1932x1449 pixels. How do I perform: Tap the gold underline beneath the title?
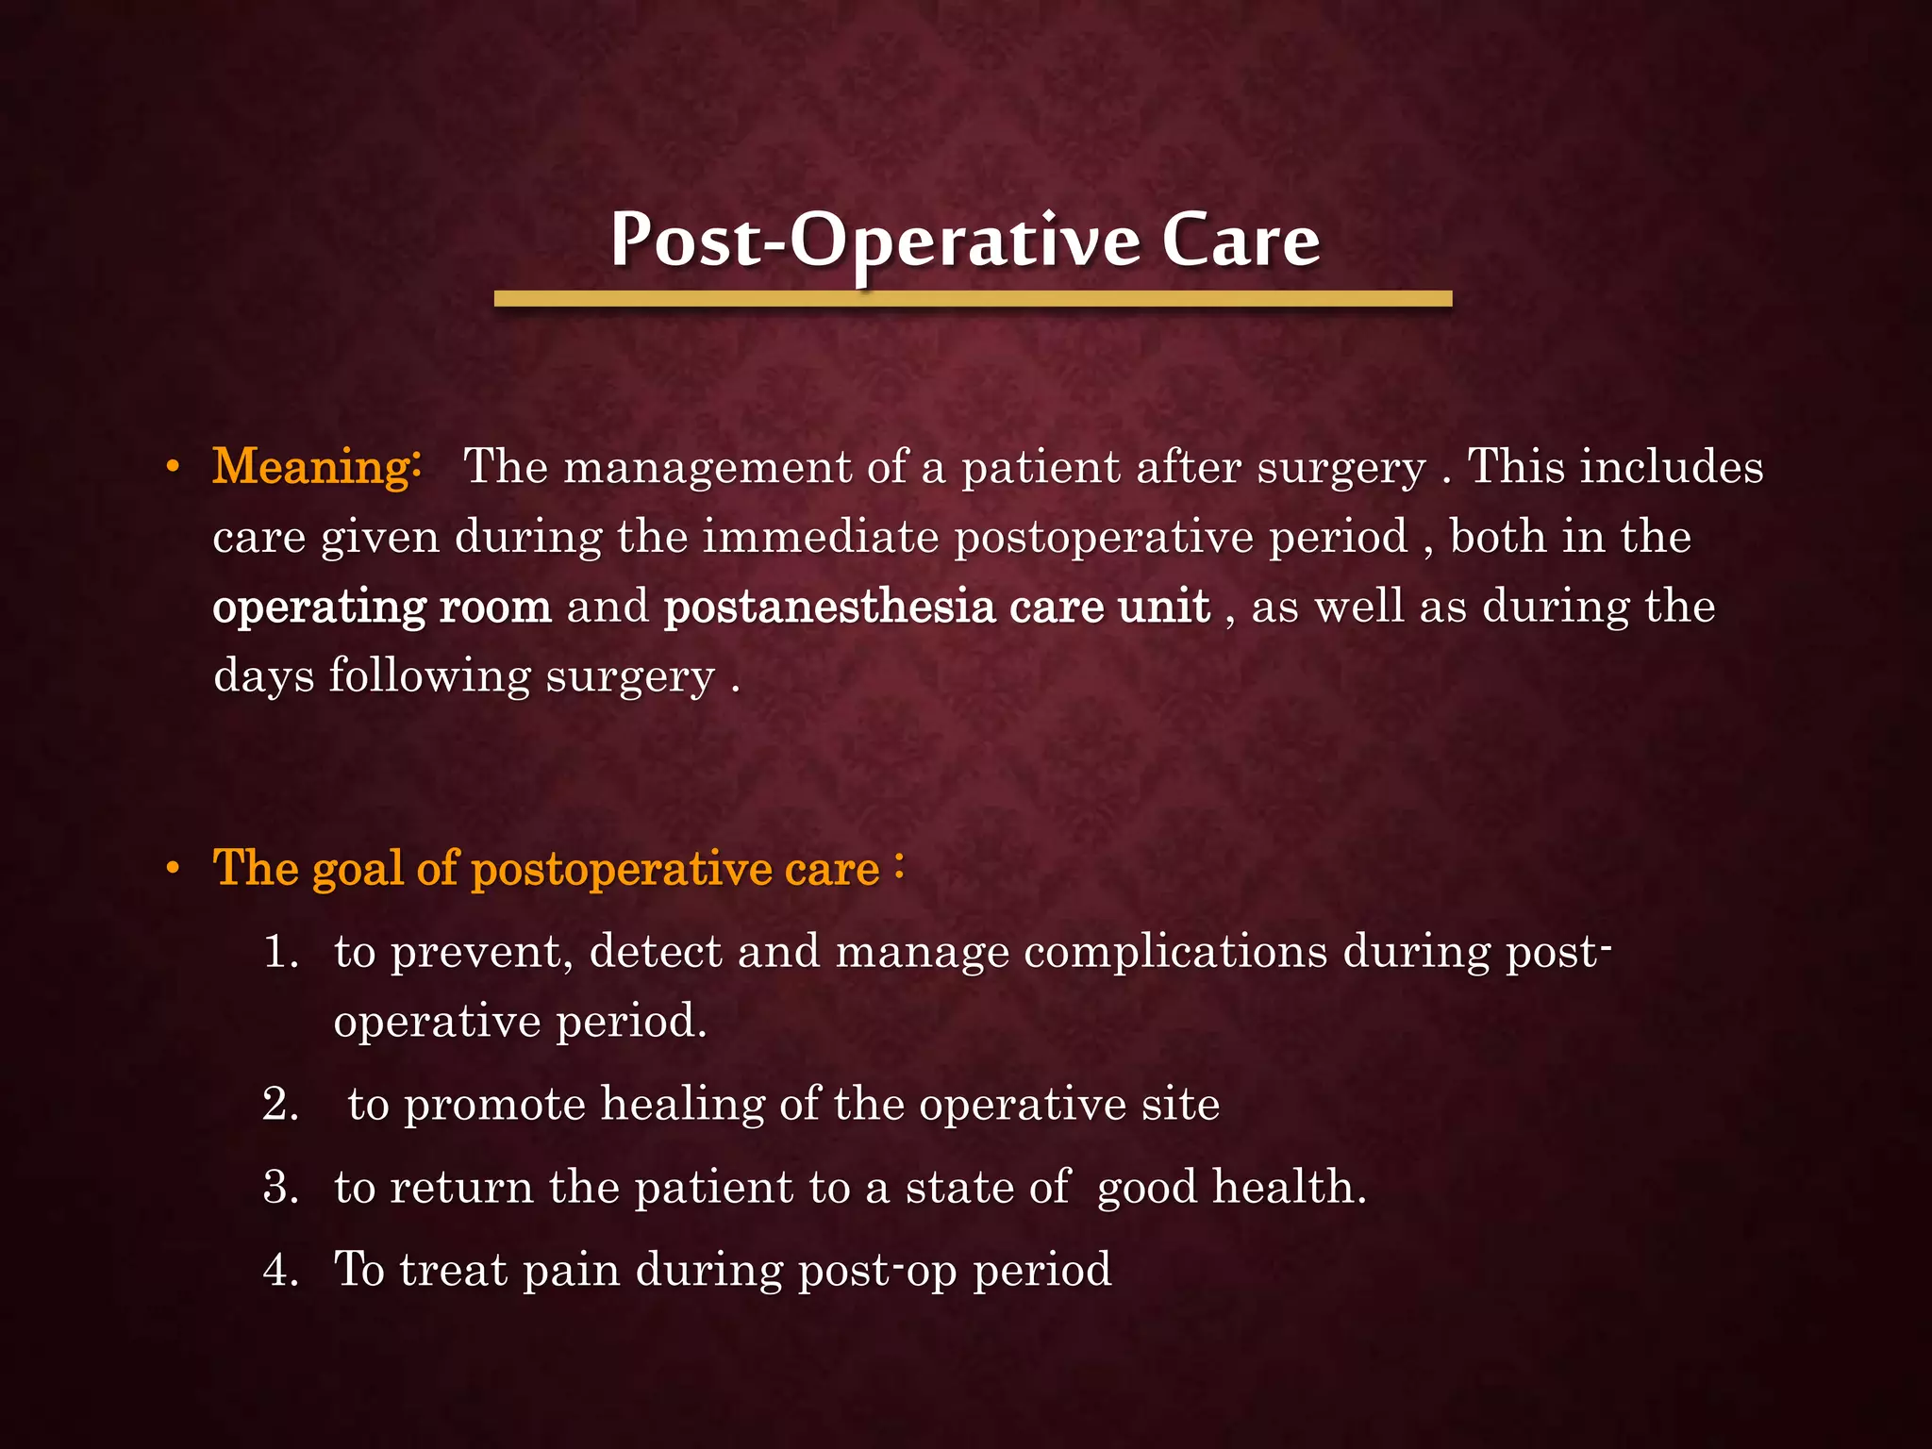[x=973, y=299]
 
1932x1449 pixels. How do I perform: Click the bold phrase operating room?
[x=382, y=607]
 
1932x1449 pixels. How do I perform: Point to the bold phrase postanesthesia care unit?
[x=937, y=607]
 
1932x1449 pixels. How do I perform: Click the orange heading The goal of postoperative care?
[x=547, y=868]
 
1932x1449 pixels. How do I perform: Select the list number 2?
[x=280, y=1105]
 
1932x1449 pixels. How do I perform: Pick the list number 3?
[x=280, y=1188]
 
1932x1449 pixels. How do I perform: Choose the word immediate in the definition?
[x=820, y=538]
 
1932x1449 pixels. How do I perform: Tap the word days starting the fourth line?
[x=263, y=677]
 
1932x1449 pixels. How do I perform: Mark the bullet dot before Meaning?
[x=173, y=468]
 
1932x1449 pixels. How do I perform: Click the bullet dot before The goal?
[x=173, y=870]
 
